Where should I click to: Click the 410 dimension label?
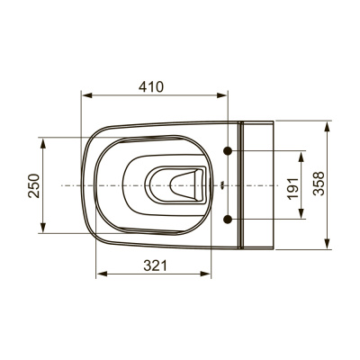coord(151,87)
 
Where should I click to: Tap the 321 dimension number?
coord(155,265)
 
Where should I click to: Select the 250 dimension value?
coord(34,185)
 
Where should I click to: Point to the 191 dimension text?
coord(292,188)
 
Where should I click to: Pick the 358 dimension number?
coord(319,184)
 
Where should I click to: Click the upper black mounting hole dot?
coord(228,151)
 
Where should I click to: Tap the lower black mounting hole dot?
coord(228,220)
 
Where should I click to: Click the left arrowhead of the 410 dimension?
coord(86,95)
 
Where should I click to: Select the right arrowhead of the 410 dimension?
coord(222,95)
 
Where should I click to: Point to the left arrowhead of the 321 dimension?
coord(102,274)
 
